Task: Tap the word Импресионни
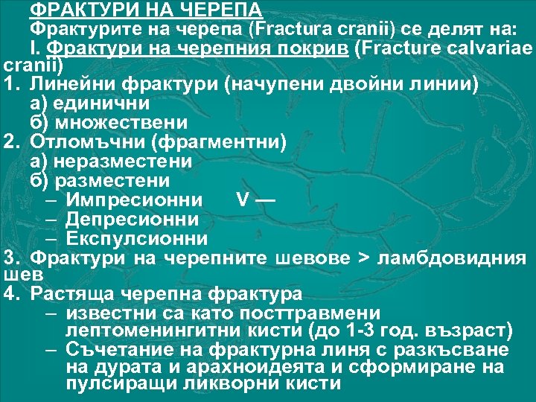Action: [133, 200]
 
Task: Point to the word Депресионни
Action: [133, 219]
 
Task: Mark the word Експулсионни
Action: [137, 238]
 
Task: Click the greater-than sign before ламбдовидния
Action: [363, 258]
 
